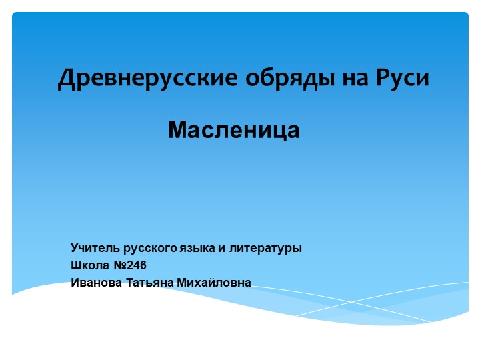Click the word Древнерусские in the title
click(x=147, y=79)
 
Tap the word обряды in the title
click(x=290, y=79)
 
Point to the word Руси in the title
click(x=403, y=78)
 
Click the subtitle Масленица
click(x=234, y=130)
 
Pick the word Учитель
click(x=95, y=247)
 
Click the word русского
click(x=150, y=249)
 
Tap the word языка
click(x=197, y=249)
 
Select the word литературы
click(x=266, y=249)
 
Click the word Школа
click(x=90, y=265)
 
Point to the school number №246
click(x=130, y=265)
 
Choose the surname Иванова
click(x=96, y=282)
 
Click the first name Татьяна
click(x=150, y=282)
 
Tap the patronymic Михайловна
click(x=214, y=282)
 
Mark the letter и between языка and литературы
click(x=221, y=249)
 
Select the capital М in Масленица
click(x=177, y=130)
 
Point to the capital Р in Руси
click(x=383, y=77)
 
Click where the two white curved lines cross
click(x=352, y=302)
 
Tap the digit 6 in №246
click(x=143, y=265)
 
